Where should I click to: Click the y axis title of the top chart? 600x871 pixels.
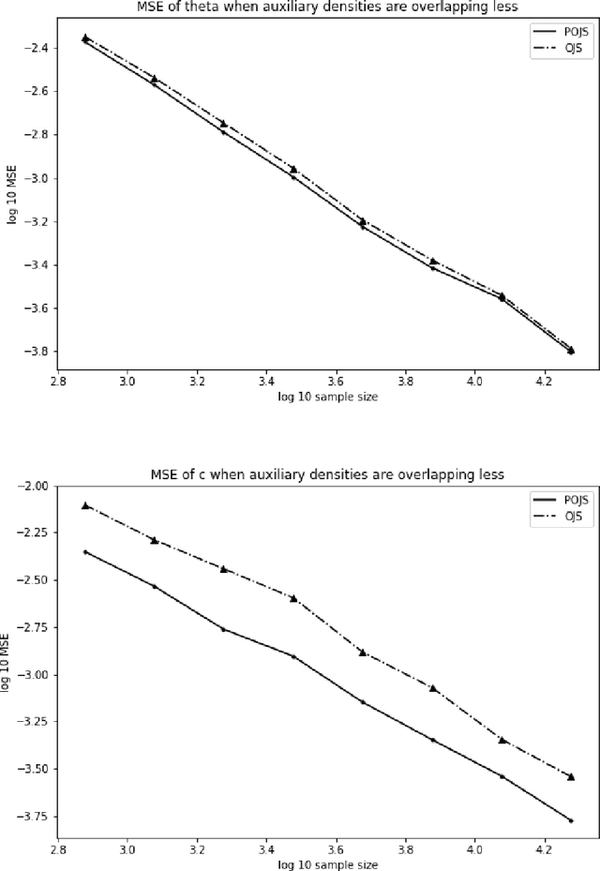pos(11,199)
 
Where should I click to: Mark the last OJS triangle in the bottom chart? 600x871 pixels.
pos(571,776)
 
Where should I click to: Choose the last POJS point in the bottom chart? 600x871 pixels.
pos(571,820)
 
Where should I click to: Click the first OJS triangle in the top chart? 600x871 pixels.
pos(85,38)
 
